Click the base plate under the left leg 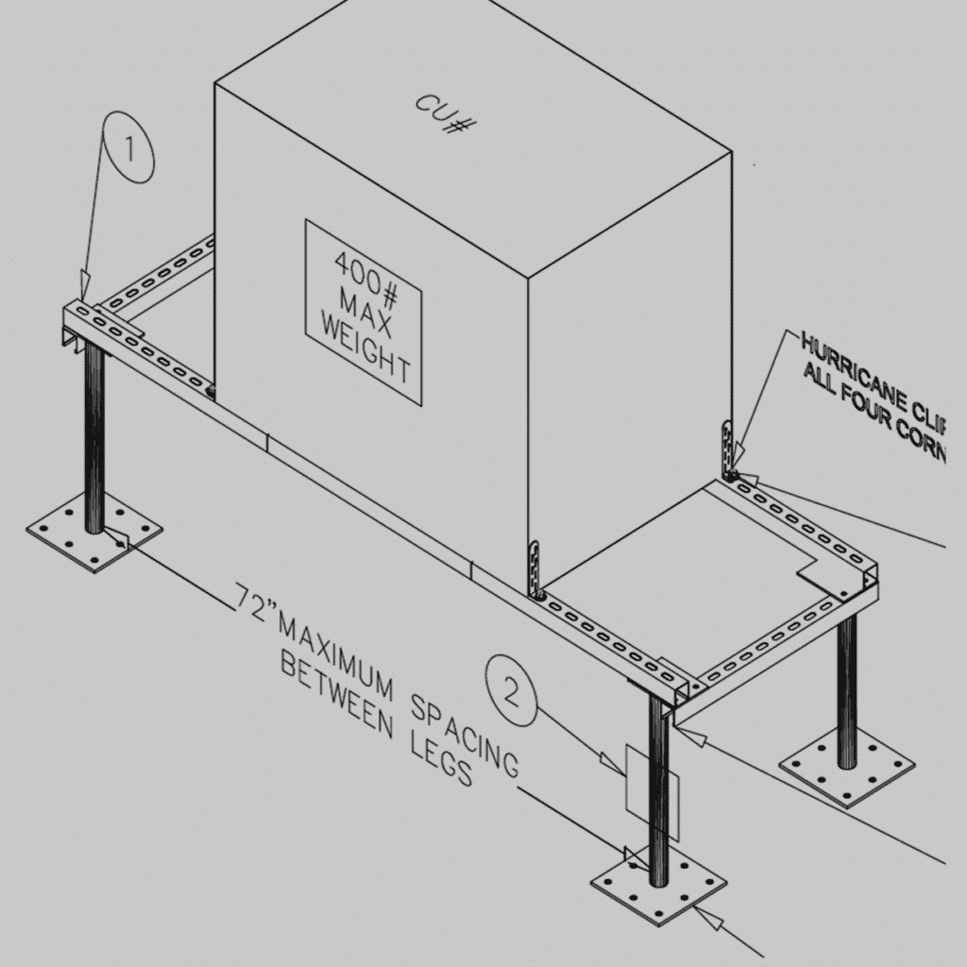click(94, 534)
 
